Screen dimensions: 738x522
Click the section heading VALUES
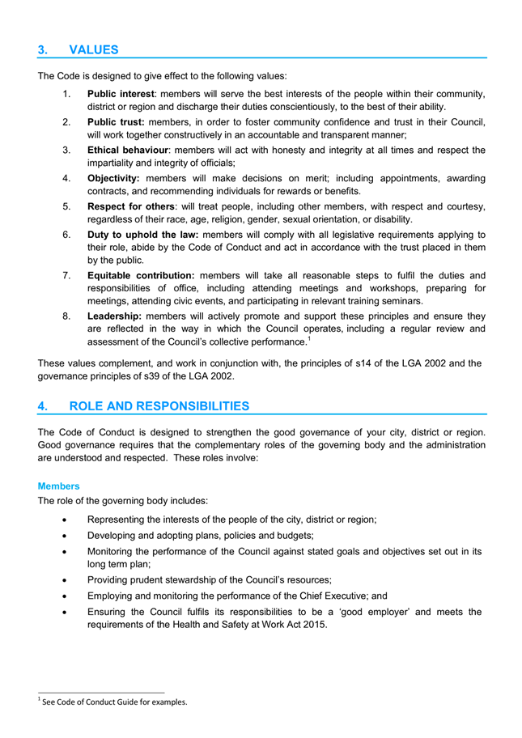point(94,49)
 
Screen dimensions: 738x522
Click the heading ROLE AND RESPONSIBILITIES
point(160,405)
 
